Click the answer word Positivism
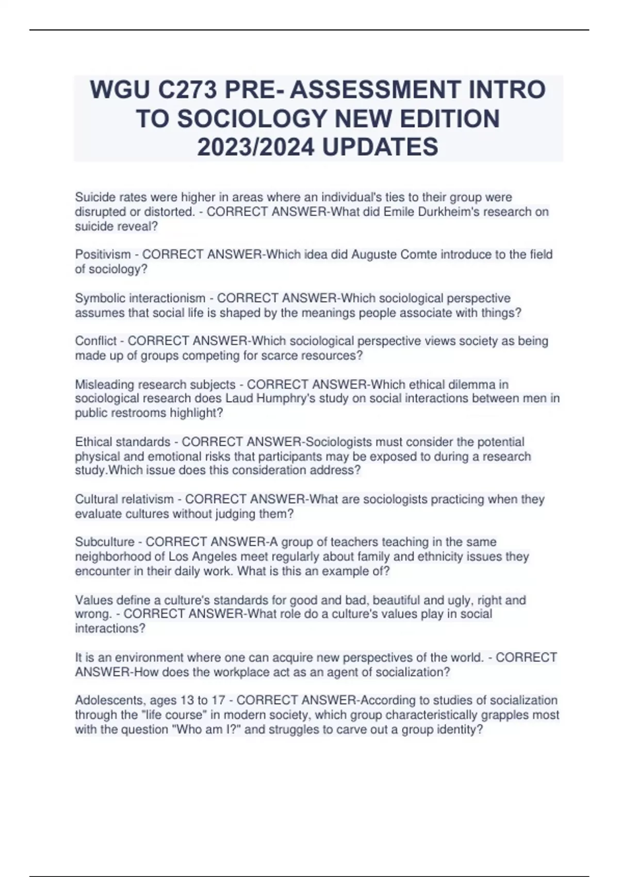point(103,255)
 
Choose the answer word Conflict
point(96,341)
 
